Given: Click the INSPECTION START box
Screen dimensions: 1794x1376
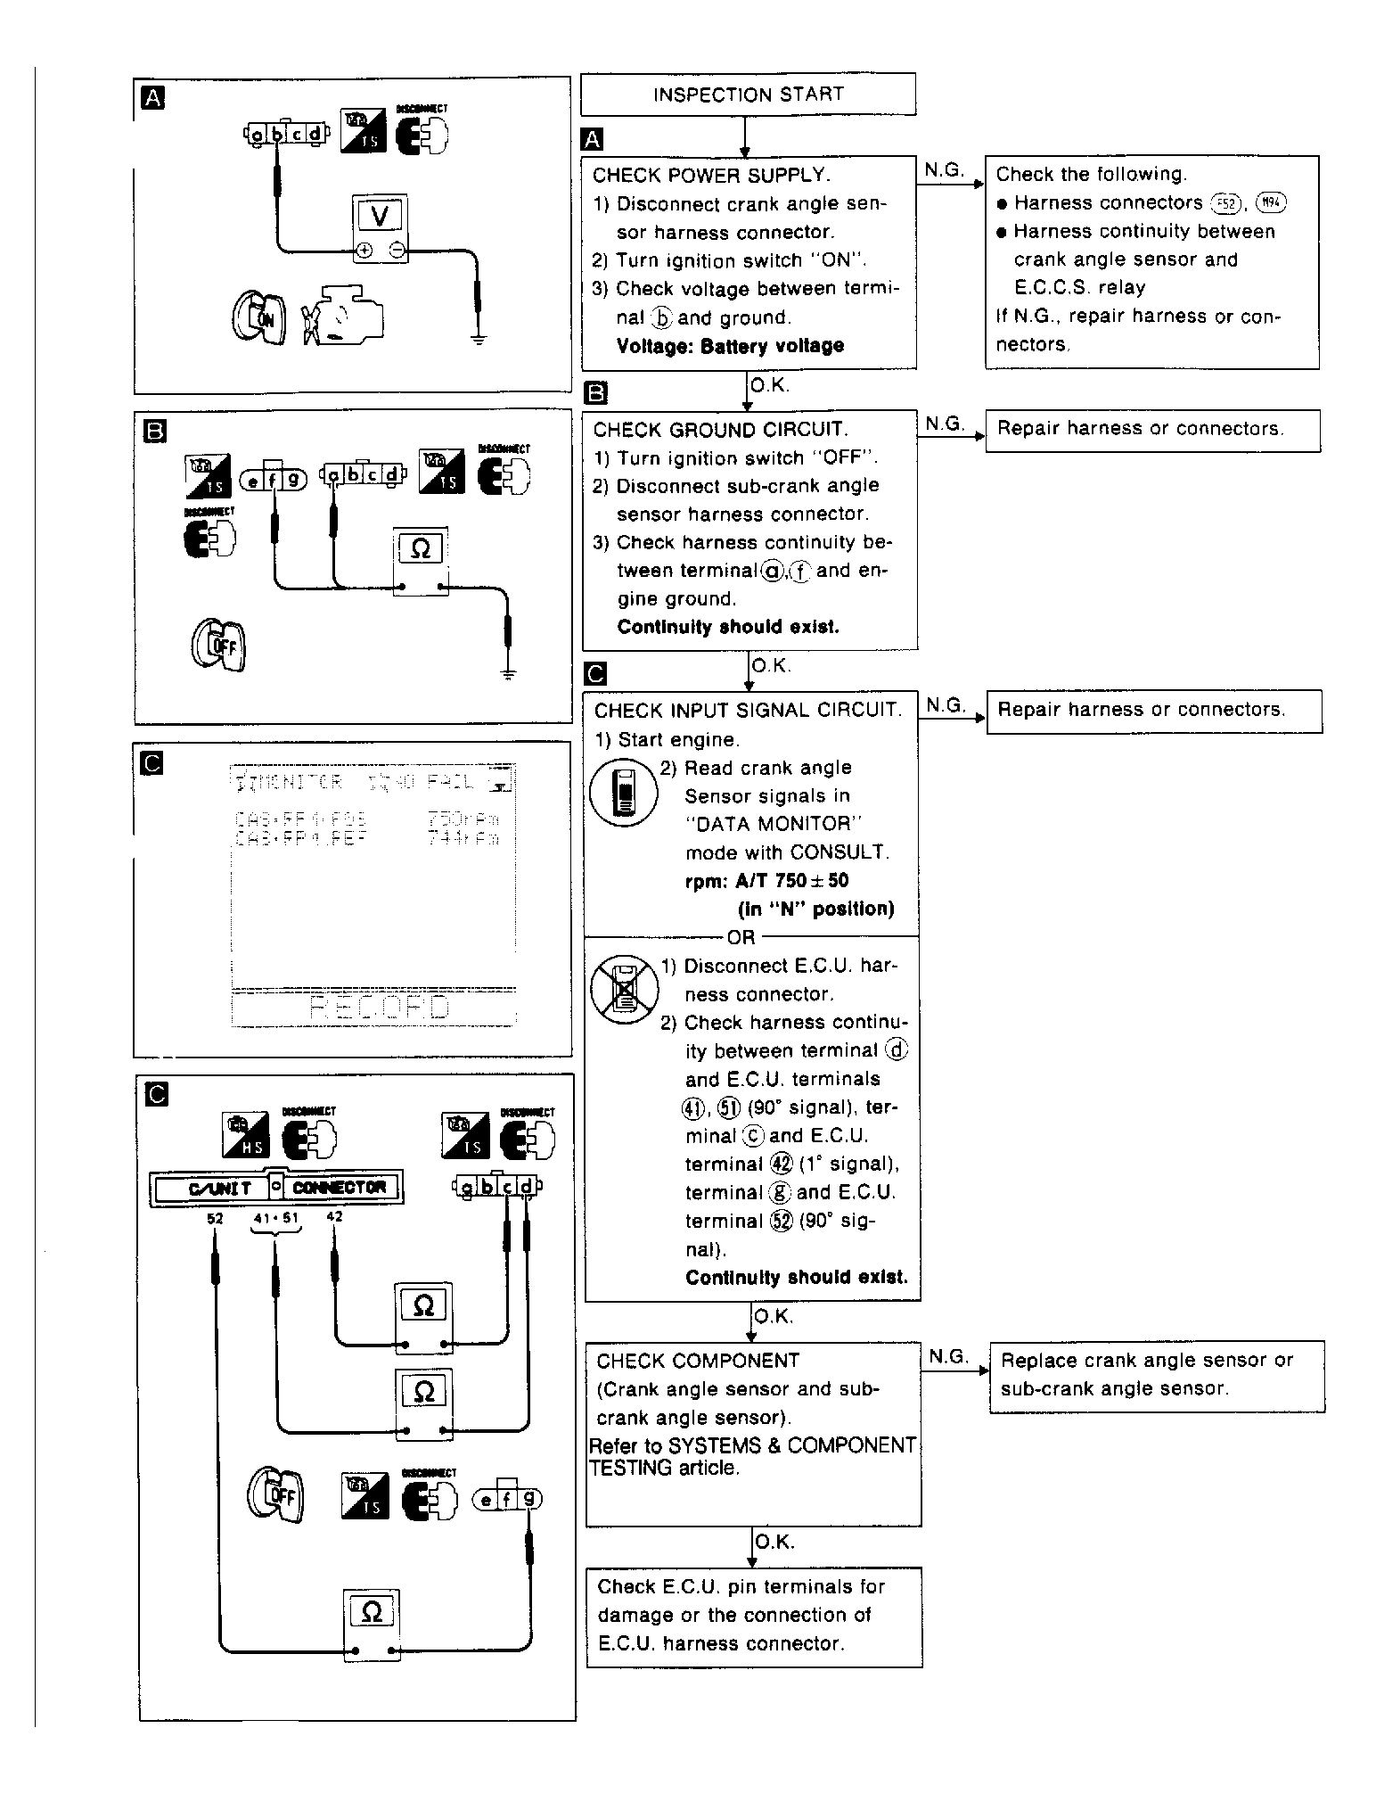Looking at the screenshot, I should coord(748,95).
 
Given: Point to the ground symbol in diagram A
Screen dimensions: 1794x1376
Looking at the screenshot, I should coord(479,340).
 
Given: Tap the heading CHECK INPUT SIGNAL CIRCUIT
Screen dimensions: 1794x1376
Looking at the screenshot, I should coord(748,711).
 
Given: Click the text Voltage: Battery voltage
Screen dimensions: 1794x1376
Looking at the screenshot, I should coord(730,346).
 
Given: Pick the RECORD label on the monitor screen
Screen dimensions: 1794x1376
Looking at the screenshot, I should coord(378,1008).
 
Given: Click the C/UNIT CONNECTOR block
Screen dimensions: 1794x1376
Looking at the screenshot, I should coord(277,1188).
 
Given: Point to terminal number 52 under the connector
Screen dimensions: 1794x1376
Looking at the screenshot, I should coord(215,1218).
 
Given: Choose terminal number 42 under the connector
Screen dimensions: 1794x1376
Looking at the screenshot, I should coord(335,1216).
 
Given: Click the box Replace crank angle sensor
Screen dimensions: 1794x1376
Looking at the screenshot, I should coord(1156,1374).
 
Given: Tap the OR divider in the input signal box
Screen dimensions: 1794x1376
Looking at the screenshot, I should coord(741,937).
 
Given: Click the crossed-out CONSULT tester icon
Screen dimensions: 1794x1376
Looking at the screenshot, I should coord(625,991).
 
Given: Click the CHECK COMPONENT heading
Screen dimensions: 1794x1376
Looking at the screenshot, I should coord(685,1361).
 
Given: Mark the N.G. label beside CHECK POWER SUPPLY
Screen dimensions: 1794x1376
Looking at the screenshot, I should coord(945,169).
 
